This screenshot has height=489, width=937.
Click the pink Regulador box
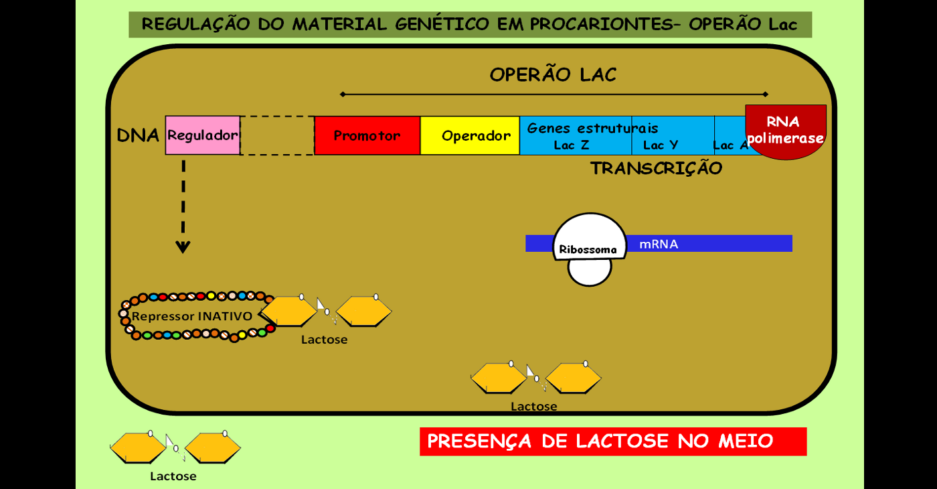point(202,135)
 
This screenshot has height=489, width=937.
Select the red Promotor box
point(367,135)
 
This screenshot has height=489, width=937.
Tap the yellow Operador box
point(470,135)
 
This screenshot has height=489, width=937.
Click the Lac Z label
point(572,145)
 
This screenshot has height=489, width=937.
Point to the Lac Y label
point(661,145)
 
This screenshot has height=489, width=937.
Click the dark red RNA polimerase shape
point(786,131)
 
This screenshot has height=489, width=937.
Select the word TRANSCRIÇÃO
point(656,168)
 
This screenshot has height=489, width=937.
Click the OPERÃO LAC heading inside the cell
point(553,75)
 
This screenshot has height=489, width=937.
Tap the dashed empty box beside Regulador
point(277,135)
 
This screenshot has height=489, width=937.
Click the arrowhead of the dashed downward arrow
point(183,247)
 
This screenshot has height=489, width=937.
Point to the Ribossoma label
point(588,249)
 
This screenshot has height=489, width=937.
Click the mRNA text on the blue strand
point(659,244)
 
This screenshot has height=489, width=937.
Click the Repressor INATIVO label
point(192,316)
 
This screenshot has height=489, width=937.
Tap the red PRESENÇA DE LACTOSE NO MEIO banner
point(613,441)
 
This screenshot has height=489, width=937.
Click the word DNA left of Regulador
point(138,135)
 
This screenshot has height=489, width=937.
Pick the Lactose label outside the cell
point(173,476)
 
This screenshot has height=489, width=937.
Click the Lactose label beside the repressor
point(324,340)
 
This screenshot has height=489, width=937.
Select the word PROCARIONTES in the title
point(602,24)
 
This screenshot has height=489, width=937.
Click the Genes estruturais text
point(593,128)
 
